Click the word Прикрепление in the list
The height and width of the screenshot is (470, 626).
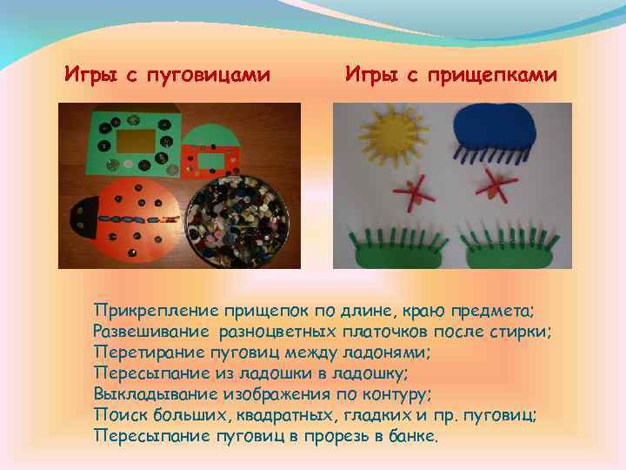[x=156, y=311]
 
